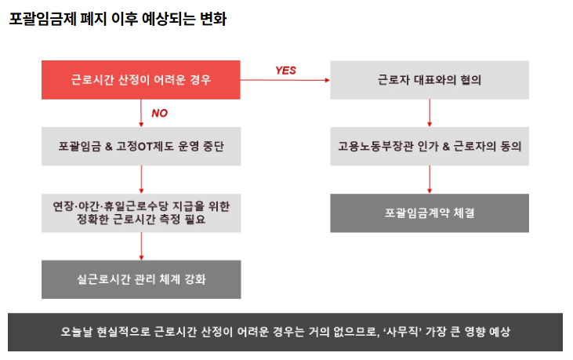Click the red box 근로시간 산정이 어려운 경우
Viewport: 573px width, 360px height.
click(141, 80)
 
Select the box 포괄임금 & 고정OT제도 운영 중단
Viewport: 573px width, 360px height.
click(141, 147)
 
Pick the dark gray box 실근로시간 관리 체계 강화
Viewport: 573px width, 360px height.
click(141, 279)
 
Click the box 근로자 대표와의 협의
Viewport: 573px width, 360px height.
click(429, 80)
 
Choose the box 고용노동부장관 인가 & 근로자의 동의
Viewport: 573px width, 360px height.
click(429, 147)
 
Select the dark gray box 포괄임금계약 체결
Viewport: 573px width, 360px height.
click(429, 213)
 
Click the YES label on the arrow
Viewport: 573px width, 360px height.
click(285, 70)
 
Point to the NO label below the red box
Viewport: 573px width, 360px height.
click(159, 113)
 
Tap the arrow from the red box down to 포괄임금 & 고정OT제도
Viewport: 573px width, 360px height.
click(141, 113)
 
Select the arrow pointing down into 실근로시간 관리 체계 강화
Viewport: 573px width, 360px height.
click(141, 246)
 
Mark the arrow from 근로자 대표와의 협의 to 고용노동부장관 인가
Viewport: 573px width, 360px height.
click(429, 113)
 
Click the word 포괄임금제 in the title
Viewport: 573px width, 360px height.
click(42, 19)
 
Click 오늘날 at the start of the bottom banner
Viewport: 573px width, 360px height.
click(77, 332)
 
